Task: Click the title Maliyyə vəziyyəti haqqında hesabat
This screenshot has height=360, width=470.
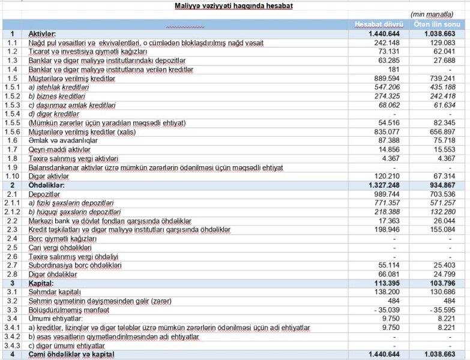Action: tap(234, 5)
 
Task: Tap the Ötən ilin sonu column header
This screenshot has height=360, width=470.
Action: tap(437, 23)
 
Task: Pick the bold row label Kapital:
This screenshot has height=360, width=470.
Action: tap(41, 283)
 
